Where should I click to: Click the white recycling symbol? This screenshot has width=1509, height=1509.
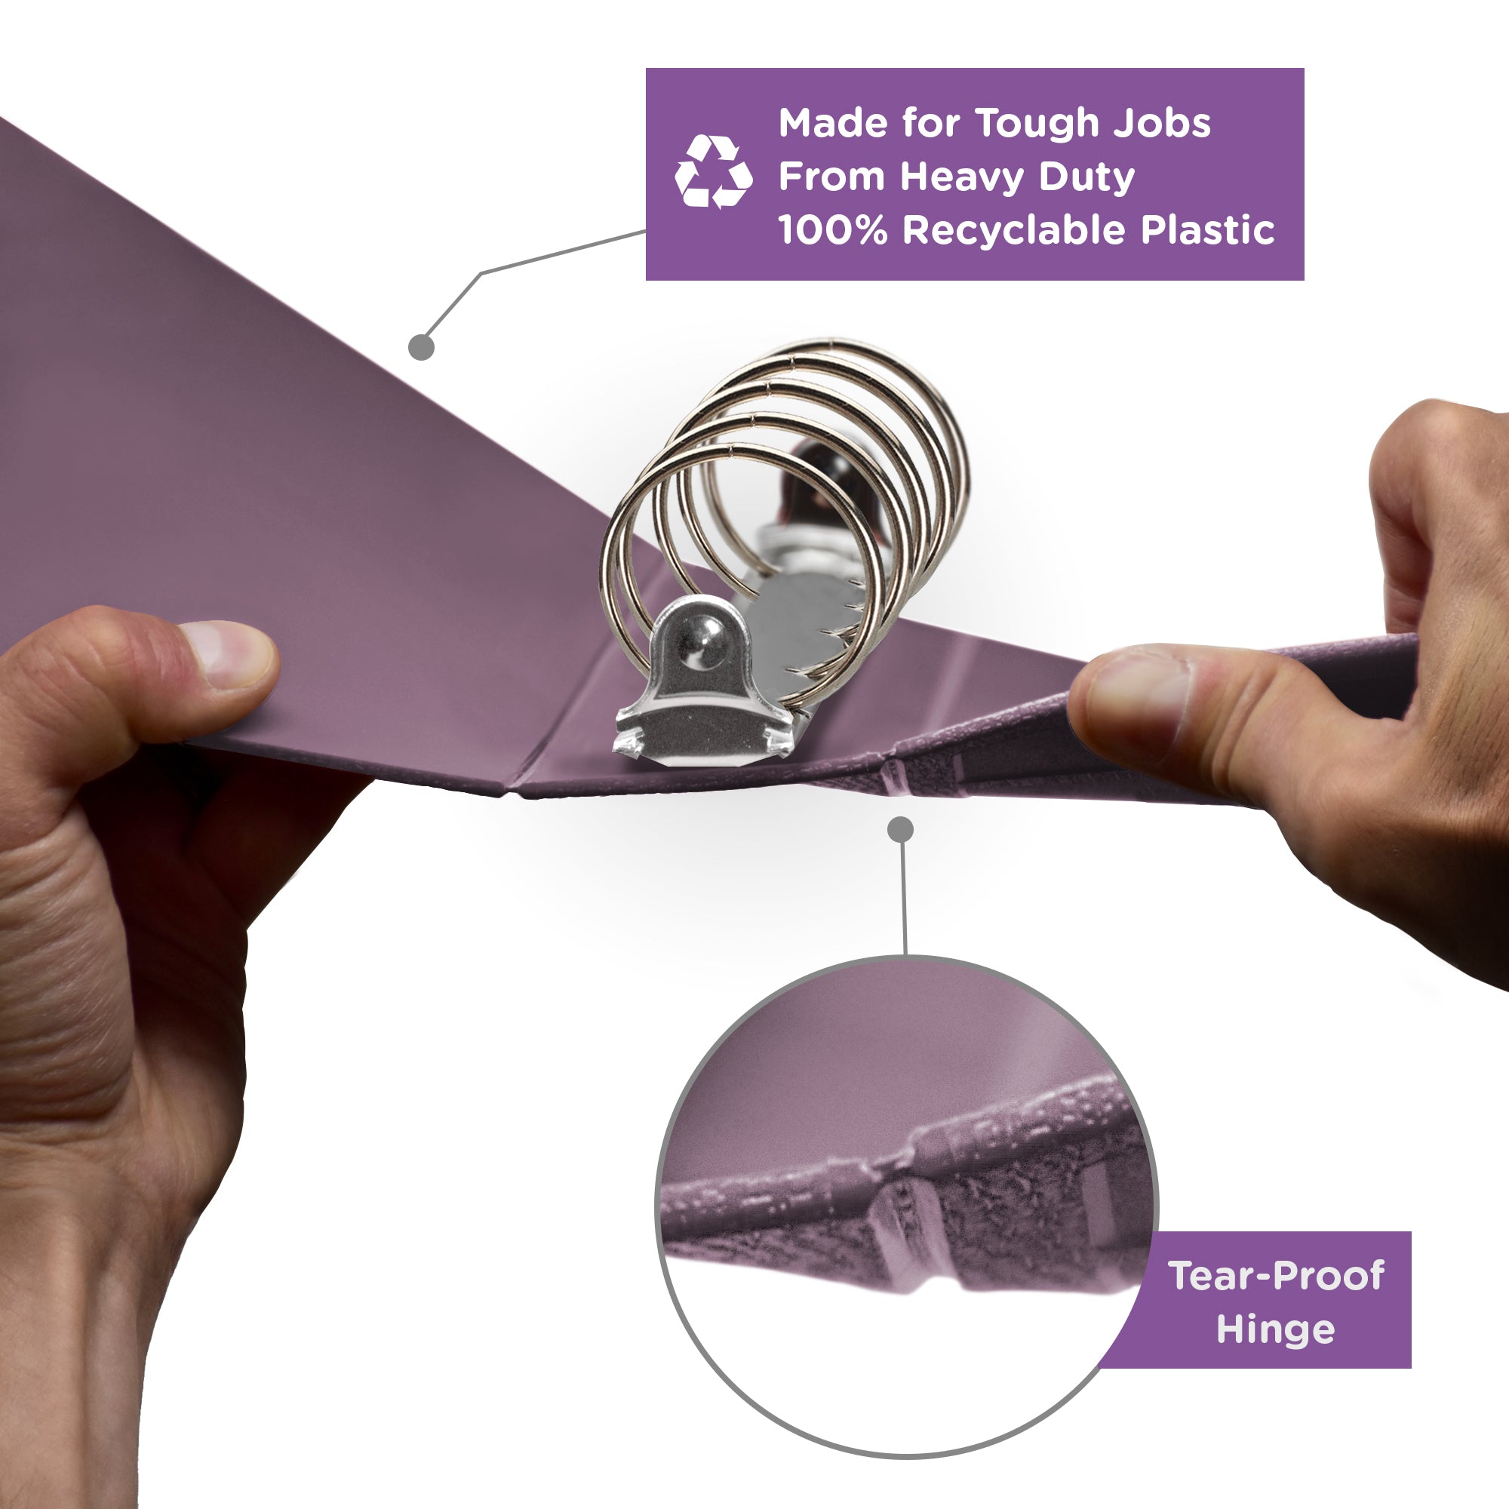(713, 172)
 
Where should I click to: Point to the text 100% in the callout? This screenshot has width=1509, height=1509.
(833, 229)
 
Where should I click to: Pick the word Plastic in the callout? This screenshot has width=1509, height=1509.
(1207, 229)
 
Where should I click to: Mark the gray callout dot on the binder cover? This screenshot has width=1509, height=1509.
(421, 347)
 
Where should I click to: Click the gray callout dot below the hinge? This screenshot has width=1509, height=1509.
(901, 829)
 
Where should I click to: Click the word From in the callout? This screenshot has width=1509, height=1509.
(831, 177)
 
